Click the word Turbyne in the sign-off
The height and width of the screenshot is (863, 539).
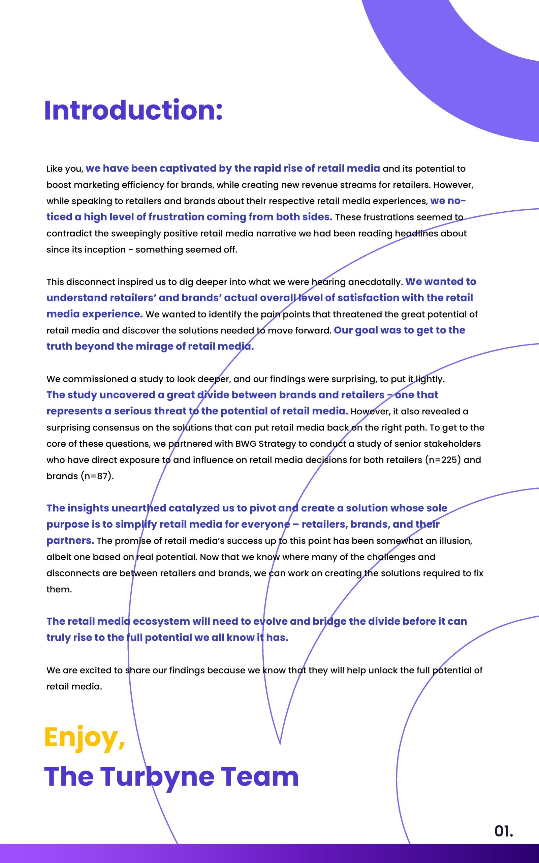pos(157,777)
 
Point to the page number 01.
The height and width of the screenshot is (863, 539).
pos(503,831)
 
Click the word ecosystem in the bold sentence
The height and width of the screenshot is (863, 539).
pos(161,621)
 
